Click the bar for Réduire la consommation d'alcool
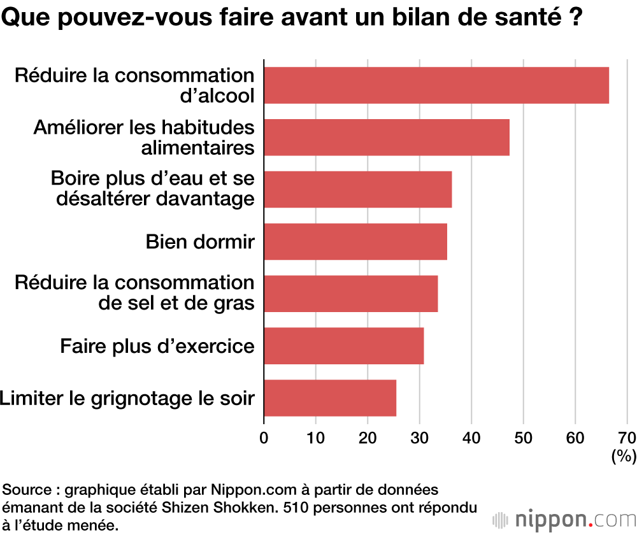click(436, 85)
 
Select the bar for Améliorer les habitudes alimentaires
click(387, 138)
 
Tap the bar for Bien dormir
click(355, 241)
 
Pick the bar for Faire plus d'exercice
click(344, 346)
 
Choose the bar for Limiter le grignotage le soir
click(330, 398)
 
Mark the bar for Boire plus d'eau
click(357, 189)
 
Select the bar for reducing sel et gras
click(350, 294)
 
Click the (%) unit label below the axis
click(623, 456)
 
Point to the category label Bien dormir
click(200, 242)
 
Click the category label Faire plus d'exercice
click(157, 346)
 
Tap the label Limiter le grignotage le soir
click(127, 399)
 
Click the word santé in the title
click(519, 17)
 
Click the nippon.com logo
click(564, 519)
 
